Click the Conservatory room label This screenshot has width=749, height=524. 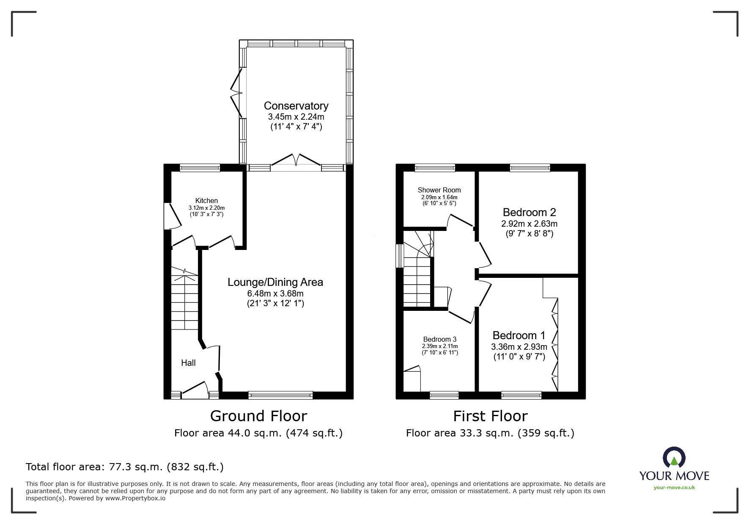[296, 106]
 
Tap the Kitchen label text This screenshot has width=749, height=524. [206, 200]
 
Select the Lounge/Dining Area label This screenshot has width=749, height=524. [275, 282]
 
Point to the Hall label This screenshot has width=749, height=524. [188, 363]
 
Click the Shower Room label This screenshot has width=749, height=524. [439, 190]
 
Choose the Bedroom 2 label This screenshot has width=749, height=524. [529, 212]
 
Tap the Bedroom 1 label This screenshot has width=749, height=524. [519, 335]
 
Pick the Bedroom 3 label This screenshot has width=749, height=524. [440, 339]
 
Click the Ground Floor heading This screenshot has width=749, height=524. [258, 416]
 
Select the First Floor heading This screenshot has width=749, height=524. [490, 416]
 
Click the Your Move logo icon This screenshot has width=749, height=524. [674, 458]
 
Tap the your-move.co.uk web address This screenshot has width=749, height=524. [674, 488]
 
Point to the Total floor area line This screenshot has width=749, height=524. [125, 467]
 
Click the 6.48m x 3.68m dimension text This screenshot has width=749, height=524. [275, 294]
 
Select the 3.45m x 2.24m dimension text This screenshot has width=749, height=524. [296, 117]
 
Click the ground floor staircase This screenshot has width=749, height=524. [184, 299]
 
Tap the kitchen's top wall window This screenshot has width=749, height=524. [200, 168]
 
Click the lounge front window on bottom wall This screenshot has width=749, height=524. [280, 395]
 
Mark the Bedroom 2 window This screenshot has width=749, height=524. [530, 168]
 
